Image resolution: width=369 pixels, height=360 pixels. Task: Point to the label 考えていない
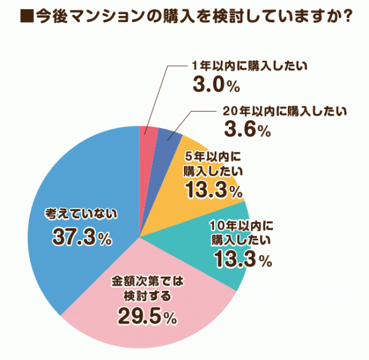pos(82,214)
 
